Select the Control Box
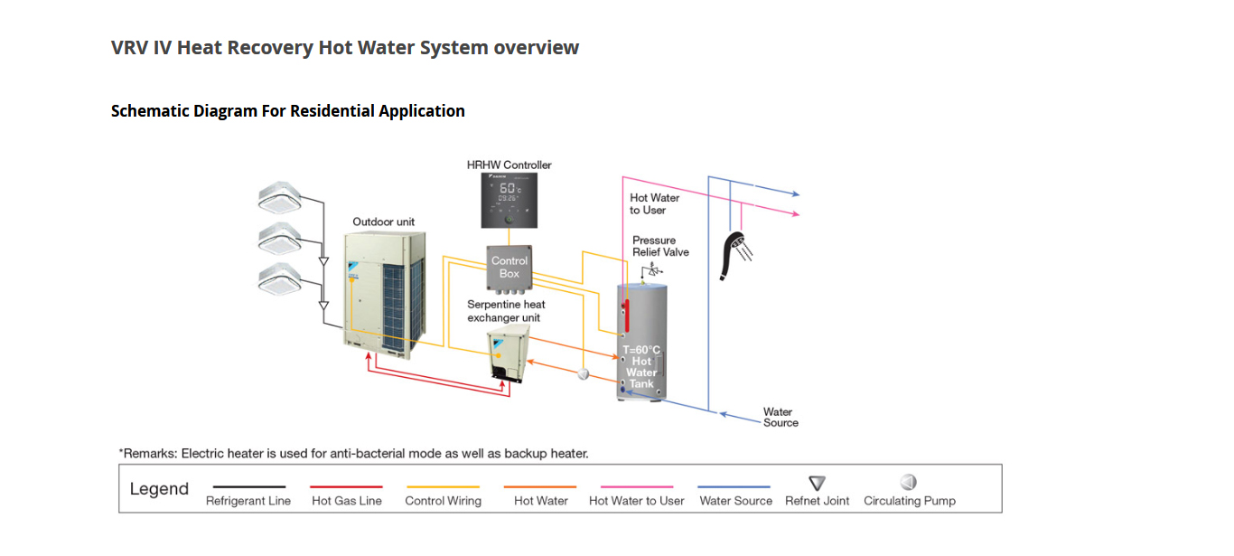pos(509,268)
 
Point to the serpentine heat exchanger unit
pos(509,355)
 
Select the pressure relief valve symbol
pos(647,270)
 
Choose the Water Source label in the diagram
pos(781,417)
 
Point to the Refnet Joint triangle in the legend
pos(817,484)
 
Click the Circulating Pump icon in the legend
pos(908,483)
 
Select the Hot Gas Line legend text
pos(347,501)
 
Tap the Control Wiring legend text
pos(443,501)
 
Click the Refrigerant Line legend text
pos(248,501)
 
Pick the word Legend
pos(159,489)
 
